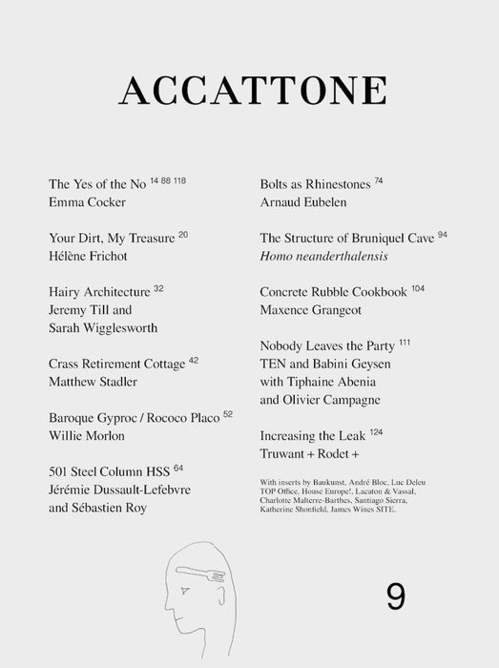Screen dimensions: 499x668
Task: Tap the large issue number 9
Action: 397,596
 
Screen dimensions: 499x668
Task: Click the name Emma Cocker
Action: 88,203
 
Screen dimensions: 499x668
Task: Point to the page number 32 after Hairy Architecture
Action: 159,286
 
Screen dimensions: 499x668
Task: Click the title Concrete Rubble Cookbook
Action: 334,291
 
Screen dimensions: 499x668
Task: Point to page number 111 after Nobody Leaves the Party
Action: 405,341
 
